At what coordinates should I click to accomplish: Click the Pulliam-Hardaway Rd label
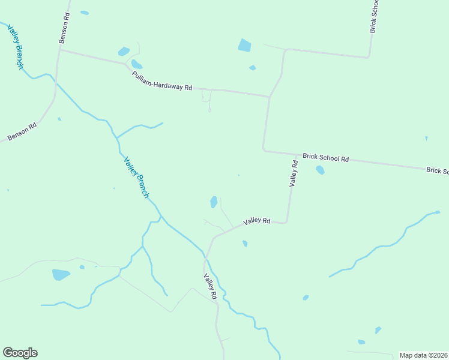[162, 80]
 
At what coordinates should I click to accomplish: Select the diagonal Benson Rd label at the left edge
[22, 132]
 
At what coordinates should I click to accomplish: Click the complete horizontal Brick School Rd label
[325, 158]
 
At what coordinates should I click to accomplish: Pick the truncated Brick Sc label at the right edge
[437, 170]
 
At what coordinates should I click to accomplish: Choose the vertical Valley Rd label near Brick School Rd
[294, 173]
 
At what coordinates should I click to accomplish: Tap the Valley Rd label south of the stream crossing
[209, 287]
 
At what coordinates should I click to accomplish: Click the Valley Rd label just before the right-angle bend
[257, 221]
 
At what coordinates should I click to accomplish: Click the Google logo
[20, 353]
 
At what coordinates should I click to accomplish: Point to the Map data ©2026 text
[423, 355]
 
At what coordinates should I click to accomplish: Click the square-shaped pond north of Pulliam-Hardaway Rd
[244, 45]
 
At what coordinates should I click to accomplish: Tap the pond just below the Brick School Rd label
[320, 170]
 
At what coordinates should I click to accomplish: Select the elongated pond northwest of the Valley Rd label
[214, 202]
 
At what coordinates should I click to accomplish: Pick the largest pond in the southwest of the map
[61, 275]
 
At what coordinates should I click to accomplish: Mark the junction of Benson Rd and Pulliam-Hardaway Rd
[59, 50]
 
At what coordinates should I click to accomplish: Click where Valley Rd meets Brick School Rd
[297, 154]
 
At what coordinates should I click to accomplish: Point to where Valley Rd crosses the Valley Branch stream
[205, 258]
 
